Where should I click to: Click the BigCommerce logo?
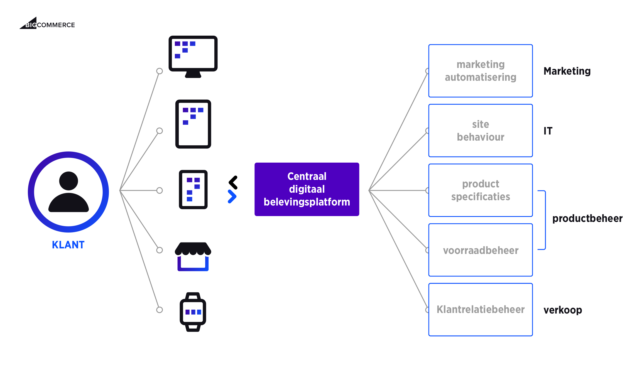click(x=47, y=24)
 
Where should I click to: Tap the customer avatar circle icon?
click(x=68, y=192)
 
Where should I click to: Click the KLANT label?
click(x=68, y=245)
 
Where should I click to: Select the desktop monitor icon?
click(x=193, y=56)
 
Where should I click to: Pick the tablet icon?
click(x=193, y=124)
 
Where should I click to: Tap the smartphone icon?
click(x=193, y=189)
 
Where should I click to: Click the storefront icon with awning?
click(x=193, y=256)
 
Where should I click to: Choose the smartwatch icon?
click(x=193, y=312)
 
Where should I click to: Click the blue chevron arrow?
click(x=232, y=197)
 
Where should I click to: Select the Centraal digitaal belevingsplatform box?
click(x=307, y=189)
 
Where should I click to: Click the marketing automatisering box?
click(x=481, y=71)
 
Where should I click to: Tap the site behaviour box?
click(x=481, y=131)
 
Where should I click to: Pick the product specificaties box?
click(x=481, y=190)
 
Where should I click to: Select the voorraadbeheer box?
click(x=481, y=250)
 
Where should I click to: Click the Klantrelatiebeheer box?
click(x=481, y=310)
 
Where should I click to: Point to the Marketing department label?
click(x=567, y=71)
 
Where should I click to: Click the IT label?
click(x=548, y=131)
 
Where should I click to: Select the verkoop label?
click(x=563, y=310)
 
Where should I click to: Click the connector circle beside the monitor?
click(x=160, y=71)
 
